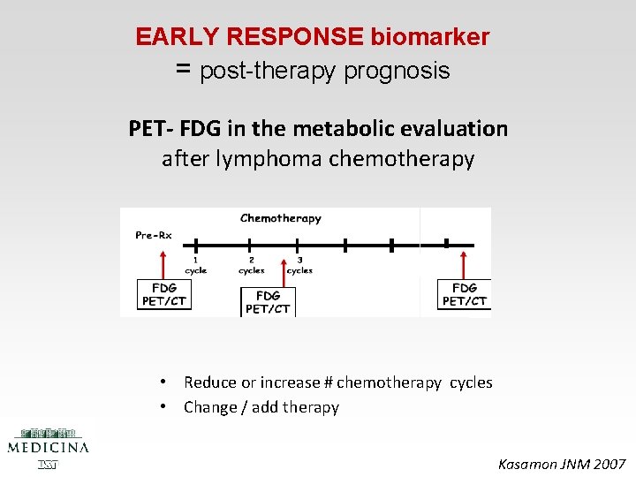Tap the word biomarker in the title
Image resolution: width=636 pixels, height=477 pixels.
click(x=430, y=37)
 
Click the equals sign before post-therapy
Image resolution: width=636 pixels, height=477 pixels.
click(x=184, y=69)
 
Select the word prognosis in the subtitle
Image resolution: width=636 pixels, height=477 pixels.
click(x=397, y=71)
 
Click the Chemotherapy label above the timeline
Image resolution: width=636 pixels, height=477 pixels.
click(x=281, y=218)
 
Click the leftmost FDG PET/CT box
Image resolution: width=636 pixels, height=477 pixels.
click(x=163, y=294)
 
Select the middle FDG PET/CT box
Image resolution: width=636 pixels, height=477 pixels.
click(x=268, y=301)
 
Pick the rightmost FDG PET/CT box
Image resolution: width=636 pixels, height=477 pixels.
click(x=464, y=294)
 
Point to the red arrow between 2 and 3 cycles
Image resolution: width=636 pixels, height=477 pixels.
click(x=283, y=271)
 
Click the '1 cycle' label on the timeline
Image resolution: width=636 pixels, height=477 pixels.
click(x=195, y=265)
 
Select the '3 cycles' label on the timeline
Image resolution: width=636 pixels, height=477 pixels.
click(x=299, y=265)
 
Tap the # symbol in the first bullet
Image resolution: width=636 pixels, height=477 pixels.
click(x=328, y=382)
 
